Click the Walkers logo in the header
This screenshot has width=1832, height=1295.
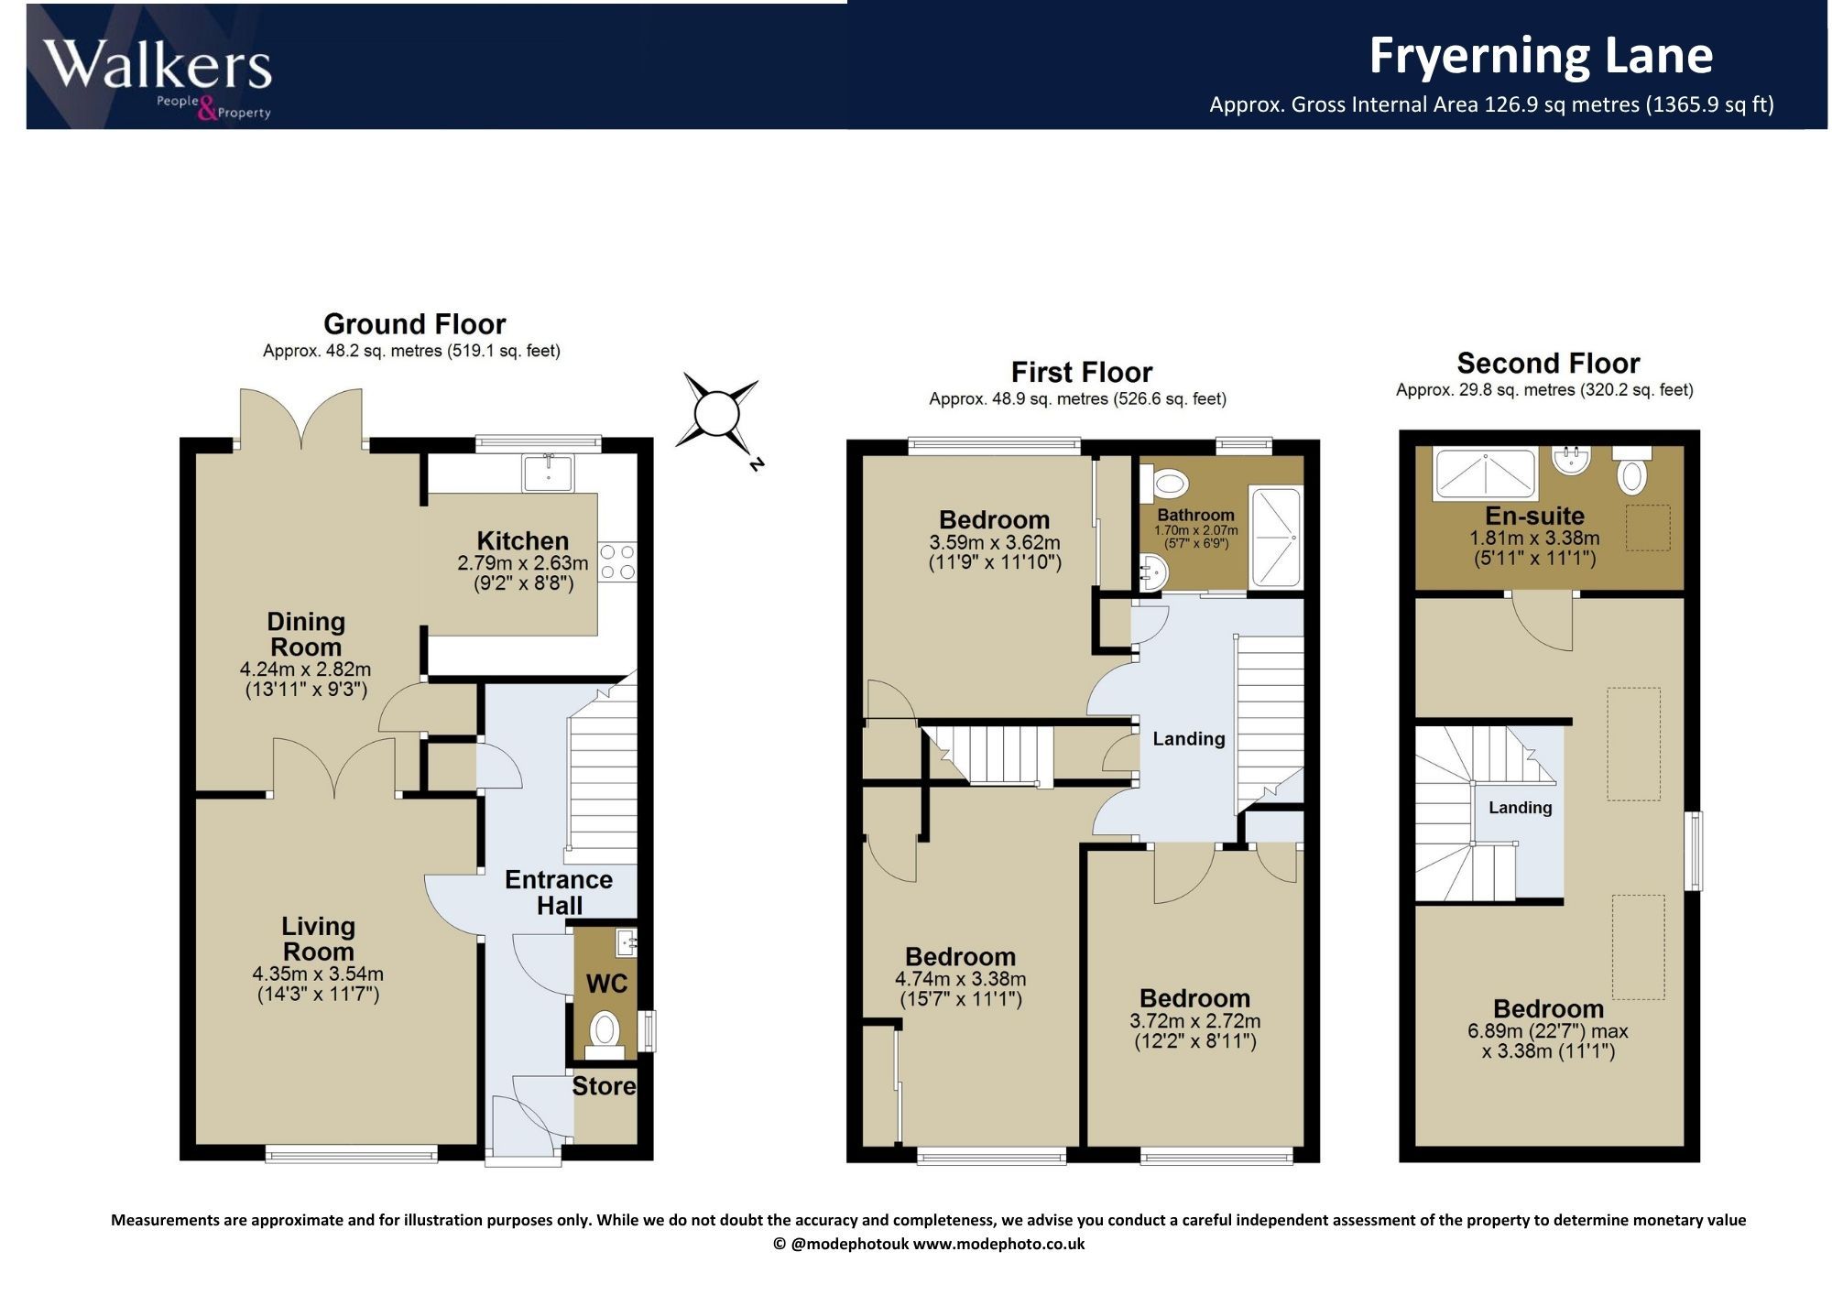pyautogui.click(x=158, y=76)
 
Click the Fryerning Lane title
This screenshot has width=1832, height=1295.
pyautogui.click(x=1541, y=55)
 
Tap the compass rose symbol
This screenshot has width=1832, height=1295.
pyautogui.click(x=717, y=414)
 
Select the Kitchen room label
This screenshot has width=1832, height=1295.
pyautogui.click(x=522, y=540)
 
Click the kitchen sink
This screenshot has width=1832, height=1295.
pyautogui.click(x=548, y=473)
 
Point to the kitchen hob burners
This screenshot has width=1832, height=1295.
pyautogui.click(x=617, y=562)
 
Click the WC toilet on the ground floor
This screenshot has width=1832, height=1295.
pyautogui.click(x=604, y=1029)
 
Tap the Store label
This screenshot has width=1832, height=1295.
pyautogui.click(x=604, y=1086)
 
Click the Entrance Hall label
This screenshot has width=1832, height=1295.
pyautogui.click(x=559, y=892)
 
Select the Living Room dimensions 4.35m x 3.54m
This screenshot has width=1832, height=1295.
pyautogui.click(x=318, y=974)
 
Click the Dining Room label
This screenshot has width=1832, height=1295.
pyautogui.click(x=306, y=634)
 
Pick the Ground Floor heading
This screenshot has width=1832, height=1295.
pyautogui.click(x=414, y=323)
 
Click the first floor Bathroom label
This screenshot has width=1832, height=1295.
pyautogui.click(x=1195, y=515)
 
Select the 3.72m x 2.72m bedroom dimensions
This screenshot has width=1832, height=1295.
pyautogui.click(x=1195, y=1020)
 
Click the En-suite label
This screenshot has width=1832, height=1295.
pyautogui.click(x=1535, y=516)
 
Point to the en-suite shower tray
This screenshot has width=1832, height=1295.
pyautogui.click(x=1484, y=473)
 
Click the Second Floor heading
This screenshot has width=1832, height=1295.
pyautogui.click(x=1548, y=363)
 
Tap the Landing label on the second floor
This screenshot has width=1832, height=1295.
pyautogui.click(x=1521, y=807)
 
